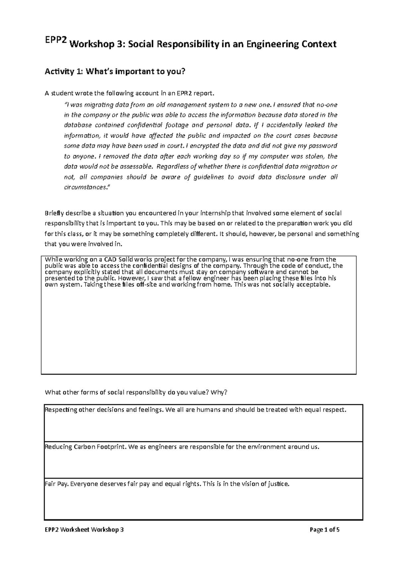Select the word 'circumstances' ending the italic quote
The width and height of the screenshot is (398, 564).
85,187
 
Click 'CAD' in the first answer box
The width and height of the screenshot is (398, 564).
110,259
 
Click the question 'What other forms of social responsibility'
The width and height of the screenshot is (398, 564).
136,392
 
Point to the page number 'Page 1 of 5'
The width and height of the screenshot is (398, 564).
324,530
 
